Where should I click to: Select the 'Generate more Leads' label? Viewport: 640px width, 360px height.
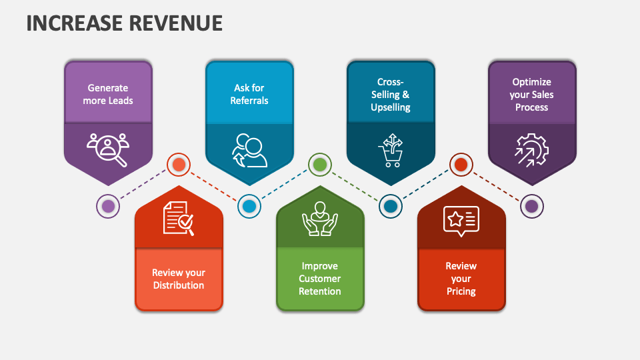108,94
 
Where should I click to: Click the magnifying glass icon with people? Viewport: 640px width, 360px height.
108,149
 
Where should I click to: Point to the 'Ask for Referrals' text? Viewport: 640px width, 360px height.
249,94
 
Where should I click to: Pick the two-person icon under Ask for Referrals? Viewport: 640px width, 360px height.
249,151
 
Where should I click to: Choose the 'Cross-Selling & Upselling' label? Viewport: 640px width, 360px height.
391,94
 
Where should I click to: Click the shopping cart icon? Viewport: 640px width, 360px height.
390,151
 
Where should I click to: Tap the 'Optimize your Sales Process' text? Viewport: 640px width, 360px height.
532,94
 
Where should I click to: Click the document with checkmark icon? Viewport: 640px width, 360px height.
179,218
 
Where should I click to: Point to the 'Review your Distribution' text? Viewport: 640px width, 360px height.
179,279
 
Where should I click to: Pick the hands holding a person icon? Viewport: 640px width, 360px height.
320,218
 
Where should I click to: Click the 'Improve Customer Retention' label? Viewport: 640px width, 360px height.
320,279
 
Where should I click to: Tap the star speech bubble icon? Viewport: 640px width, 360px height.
461,220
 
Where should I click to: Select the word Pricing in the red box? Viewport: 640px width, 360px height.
461,291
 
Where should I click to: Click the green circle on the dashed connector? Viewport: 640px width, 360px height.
320,164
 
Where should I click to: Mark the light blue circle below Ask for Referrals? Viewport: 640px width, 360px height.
249,206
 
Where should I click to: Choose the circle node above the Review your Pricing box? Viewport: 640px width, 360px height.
461,164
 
